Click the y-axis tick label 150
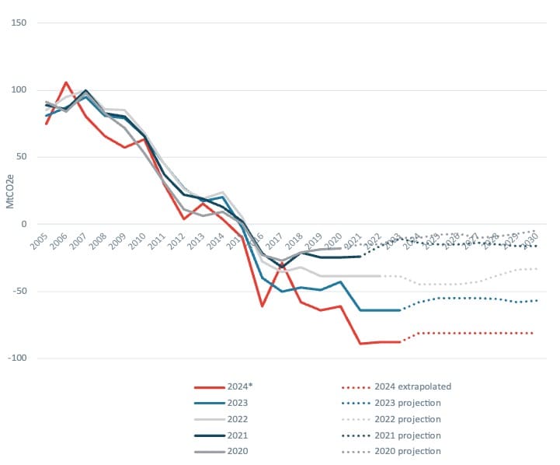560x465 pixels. [x=19, y=23]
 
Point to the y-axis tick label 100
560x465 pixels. [x=19, y=89]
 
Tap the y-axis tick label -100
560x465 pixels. [x=18, y=358]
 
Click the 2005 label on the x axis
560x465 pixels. [x=36, y=241]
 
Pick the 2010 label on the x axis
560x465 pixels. [x=137, y=241]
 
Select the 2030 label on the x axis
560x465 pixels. [x=530, y=241]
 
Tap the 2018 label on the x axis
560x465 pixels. [x=294, y=241]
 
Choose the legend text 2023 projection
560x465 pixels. [x=407, y=402]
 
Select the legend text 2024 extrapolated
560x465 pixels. [x=412, y=386]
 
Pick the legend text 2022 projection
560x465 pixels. [x=407, y=418]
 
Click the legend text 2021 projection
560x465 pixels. [x=407, y=435]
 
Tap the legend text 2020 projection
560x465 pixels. [x=407, y=451]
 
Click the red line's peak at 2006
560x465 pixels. [x=66, y=82]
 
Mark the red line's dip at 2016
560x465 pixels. [x=263, y=306]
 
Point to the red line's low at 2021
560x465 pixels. [x=360, y=343]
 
